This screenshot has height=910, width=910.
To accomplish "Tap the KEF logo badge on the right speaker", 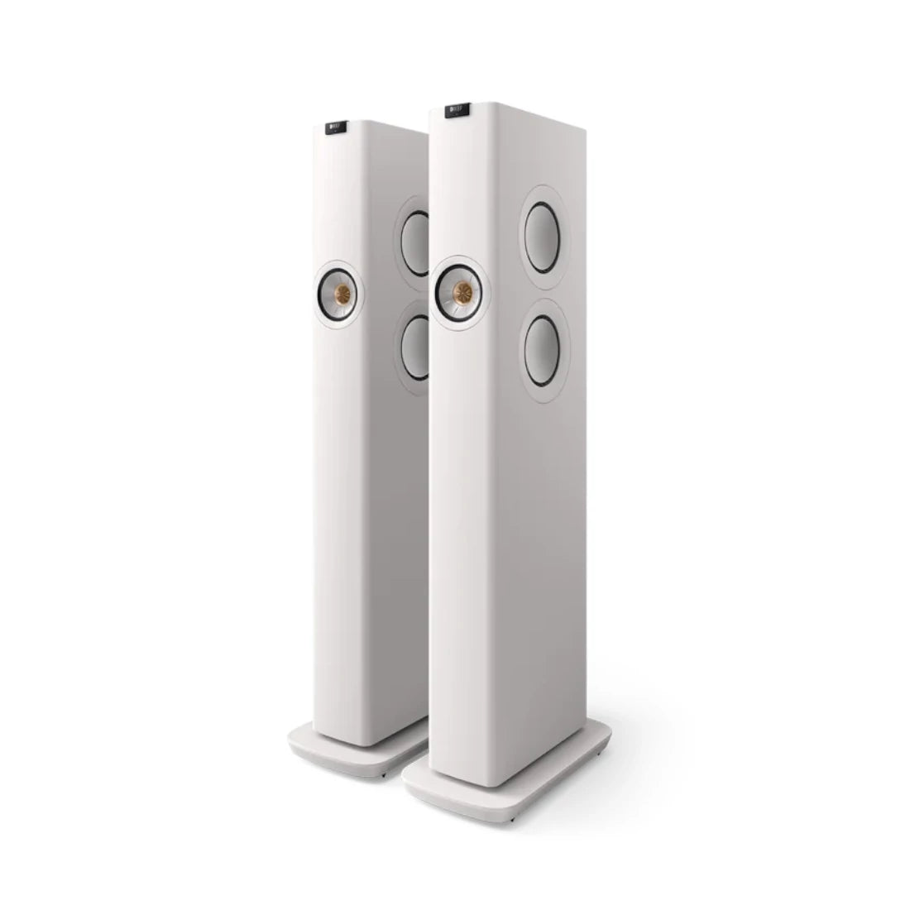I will (x=456, y=108).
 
